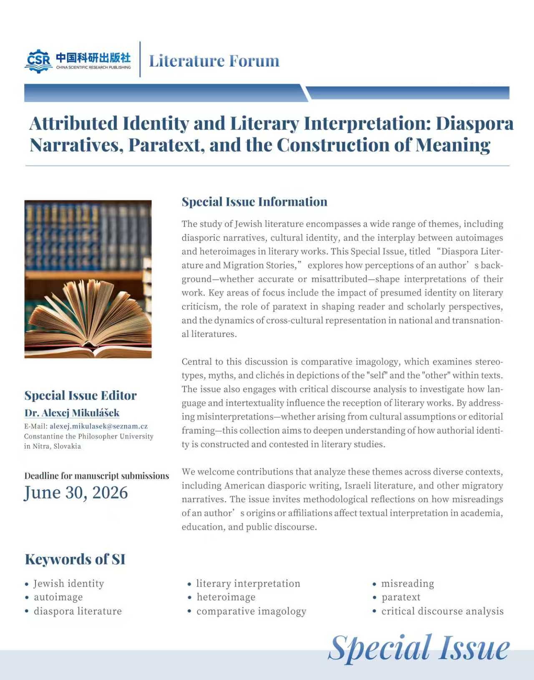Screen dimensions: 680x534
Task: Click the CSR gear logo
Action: (38, 61)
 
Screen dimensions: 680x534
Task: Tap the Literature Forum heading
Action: (214, 61)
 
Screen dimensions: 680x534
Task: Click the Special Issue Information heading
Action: (254, 202)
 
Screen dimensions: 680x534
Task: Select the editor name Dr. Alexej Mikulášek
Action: (72, 413)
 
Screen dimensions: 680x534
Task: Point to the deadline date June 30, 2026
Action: (76, 493)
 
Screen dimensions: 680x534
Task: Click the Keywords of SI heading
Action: (75, 559)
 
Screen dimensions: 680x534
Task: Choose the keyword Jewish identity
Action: (69, 584)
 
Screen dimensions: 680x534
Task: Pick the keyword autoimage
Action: (58, 597)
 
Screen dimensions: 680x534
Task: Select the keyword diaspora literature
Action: (78, 611)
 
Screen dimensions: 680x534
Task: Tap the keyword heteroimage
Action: (226, 597)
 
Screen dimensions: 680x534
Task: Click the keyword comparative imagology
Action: (251, 611)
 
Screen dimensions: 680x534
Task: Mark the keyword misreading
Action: (408, 584)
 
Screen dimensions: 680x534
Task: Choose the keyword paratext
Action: (401, 597)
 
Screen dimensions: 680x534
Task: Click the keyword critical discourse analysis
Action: (442, 611)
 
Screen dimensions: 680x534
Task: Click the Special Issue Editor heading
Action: (81, 395)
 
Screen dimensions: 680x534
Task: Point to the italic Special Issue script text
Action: (419, 648)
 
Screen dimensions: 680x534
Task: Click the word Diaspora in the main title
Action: (475, 124)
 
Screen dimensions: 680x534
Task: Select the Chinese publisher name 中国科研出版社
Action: (93, 58)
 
